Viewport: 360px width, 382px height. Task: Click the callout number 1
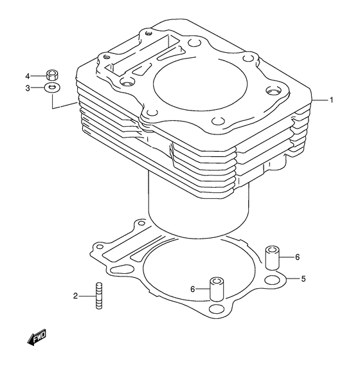[331, 100]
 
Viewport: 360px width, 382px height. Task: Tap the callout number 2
[75, 296]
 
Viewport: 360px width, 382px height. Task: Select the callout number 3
[28, 88]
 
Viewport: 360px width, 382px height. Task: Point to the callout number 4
[28, 77]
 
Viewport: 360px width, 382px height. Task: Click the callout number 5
[303, 278]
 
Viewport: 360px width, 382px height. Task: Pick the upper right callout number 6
[297, 257]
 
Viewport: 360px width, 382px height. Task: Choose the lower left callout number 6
[192, 289]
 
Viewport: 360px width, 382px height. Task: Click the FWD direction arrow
[37, 337]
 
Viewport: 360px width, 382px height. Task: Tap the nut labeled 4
[52, 75]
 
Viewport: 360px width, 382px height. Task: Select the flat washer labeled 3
[53, 87]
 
